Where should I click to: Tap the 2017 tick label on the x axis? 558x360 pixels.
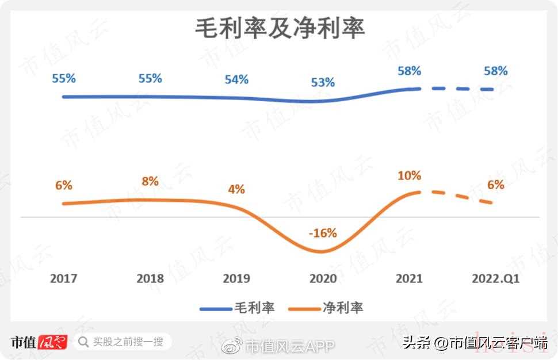(64, 278)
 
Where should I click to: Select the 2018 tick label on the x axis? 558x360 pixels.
(150, 278)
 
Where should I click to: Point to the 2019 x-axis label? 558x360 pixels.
(236, 278)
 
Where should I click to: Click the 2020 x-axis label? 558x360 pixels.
(323, 278)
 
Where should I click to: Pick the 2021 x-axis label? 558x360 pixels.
(409, 278)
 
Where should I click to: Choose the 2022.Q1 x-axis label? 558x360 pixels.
(495, 278)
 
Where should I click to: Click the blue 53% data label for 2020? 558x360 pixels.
(323, 82)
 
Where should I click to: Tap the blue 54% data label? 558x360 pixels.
(236, 79)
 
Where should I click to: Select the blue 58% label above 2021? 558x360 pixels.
(409, 71)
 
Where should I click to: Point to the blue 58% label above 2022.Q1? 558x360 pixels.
(495, 71)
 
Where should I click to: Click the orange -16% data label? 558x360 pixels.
(323, 233)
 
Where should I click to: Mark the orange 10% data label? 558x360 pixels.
(409, 175)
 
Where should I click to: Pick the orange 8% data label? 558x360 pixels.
(150, 181)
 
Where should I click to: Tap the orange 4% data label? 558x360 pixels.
(236, 189)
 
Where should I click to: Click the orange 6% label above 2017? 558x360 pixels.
(64, 185)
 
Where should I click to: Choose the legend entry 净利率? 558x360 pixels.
(342, 308)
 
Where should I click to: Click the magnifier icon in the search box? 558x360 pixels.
(83, 342)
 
